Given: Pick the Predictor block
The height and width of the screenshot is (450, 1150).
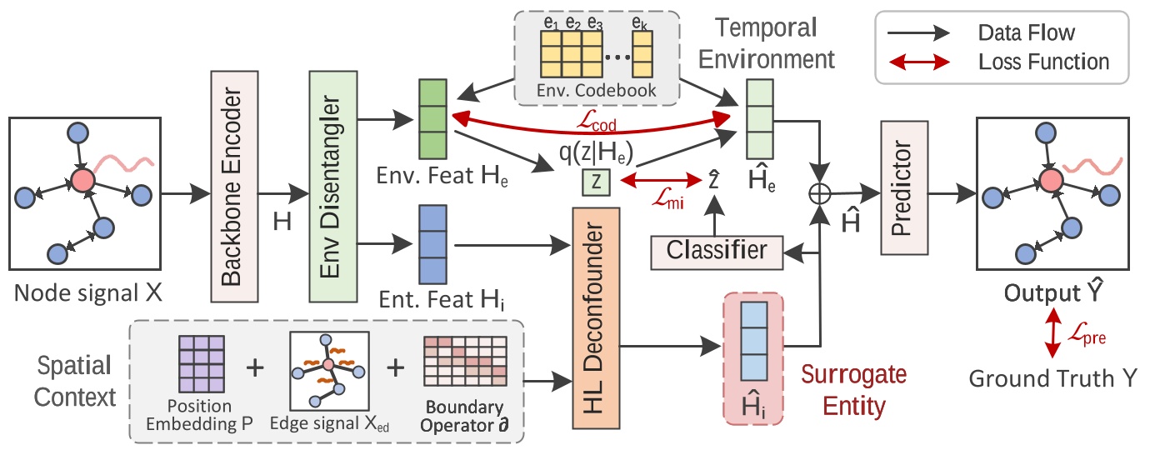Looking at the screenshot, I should point(903,189).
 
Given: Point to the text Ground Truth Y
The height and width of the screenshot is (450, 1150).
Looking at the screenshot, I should point(1052,379).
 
